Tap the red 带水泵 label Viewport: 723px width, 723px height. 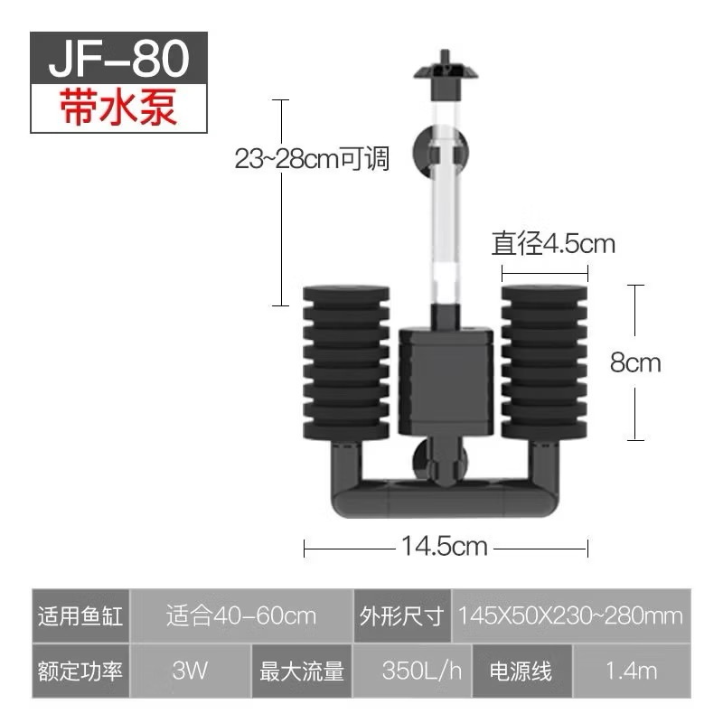(119, 107)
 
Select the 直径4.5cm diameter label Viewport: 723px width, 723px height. (553, 244)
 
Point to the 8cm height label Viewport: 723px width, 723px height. (635, 363)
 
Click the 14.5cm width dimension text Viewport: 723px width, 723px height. (445, 546)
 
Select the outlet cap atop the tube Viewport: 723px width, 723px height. (442, 72)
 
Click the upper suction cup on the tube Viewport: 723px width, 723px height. (427, 151)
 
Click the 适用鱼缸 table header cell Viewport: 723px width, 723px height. (80, 616)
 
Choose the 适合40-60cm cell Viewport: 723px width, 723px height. (241, 616)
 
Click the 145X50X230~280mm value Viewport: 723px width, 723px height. (570, 616)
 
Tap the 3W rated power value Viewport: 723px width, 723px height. (189, 671)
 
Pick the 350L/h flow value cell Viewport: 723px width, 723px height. (422, 671)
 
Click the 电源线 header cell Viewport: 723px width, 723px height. (520, 671)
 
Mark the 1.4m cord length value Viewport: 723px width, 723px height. (632, 671)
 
